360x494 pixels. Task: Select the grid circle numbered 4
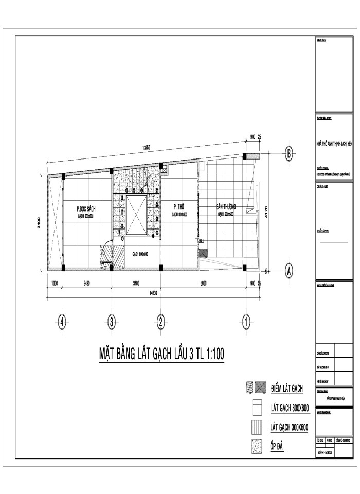click(x=62, y=323)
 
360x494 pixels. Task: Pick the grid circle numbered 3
click(x=112, y=323)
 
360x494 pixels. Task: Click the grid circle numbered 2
click(x=161, y=323)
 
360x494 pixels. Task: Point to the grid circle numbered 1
click(x=246, y=323)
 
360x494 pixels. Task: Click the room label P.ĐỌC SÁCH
click(x=86, y=209)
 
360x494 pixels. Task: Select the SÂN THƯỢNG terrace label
click(x=225, y=206)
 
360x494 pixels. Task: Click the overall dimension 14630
click(x=153, y=292)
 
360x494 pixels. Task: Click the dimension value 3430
click(x=86, y=283)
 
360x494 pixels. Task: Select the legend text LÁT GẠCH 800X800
click(x=289, y=409)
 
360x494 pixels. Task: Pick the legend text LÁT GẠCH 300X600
click(x=289, y=427)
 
